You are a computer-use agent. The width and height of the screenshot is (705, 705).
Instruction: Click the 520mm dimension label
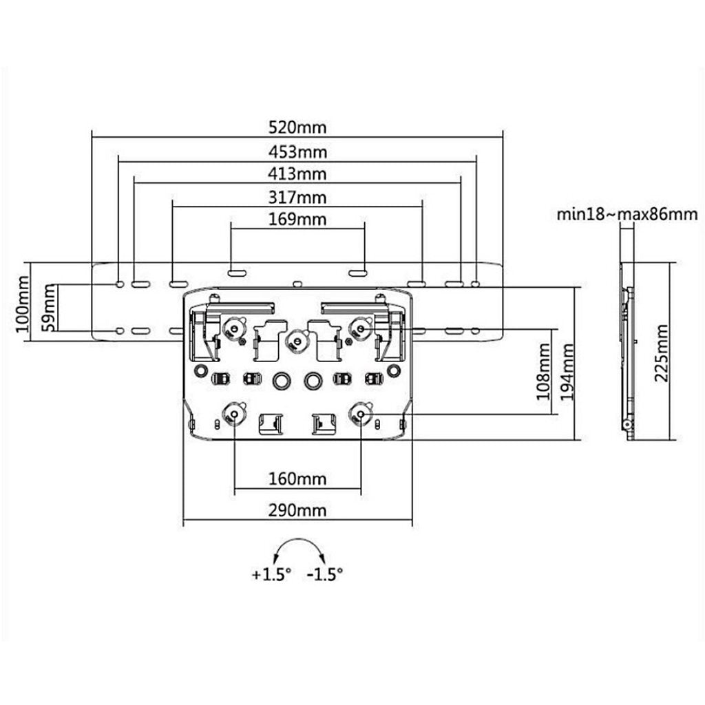tap(297, 127)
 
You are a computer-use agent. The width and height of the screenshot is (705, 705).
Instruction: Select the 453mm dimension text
tap(297, 151)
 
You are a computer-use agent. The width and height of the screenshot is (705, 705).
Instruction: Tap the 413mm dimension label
tap(297, 173)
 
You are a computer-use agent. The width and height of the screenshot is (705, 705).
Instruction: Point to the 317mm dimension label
tap(297, 198)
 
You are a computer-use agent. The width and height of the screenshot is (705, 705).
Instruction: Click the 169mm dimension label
tap(297, 220)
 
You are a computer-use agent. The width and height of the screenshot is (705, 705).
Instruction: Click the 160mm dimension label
tap(297, 478)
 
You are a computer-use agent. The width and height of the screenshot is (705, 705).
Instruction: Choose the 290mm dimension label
tap(297, 511)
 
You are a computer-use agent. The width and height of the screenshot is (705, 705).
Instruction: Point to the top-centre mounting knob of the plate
tap(297, 339)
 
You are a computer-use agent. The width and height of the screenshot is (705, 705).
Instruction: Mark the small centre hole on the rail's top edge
tap(297, 282)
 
